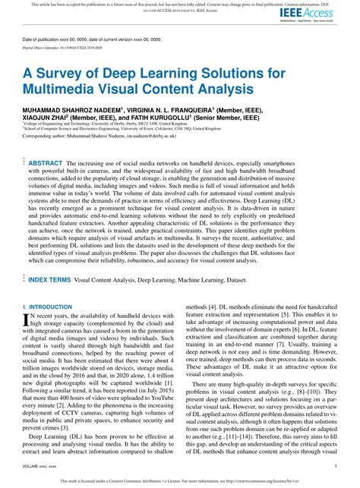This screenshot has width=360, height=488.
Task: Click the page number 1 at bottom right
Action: [x=336, y=465]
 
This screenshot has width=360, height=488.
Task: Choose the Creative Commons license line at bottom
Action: [x=180, y=481]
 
